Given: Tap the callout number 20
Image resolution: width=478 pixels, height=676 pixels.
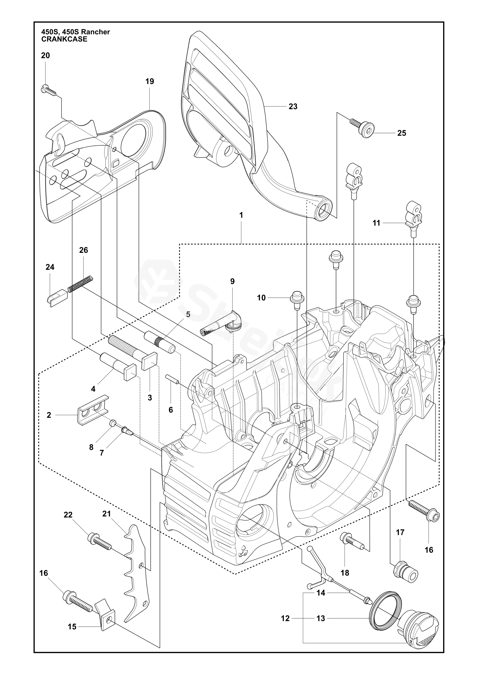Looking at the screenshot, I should click(45, 55).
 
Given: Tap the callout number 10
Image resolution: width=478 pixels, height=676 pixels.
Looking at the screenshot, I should click(261, 298).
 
